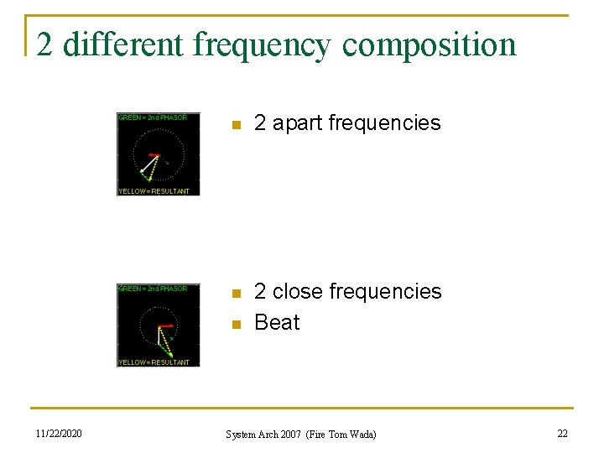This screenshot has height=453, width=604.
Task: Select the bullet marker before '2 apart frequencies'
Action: pos(237,125)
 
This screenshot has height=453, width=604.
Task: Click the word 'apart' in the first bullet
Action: pos(298,123)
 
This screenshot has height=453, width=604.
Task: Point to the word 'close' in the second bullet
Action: pos(298,291)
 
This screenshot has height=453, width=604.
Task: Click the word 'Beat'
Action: pos(277,322)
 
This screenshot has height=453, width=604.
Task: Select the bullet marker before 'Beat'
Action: pos(237,324)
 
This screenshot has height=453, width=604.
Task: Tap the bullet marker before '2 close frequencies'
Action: pos(237,293)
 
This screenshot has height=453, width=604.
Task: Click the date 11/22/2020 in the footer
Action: pos(59,434)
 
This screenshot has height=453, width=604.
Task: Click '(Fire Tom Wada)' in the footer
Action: pos(342,435)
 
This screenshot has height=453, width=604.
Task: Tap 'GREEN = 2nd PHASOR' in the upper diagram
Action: pos(153,117)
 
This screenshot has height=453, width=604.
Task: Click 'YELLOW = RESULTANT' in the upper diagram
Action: pos(154,190)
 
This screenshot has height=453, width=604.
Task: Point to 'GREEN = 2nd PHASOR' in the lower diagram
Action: pos(153,289)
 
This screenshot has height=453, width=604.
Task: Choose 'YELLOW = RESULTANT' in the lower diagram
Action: pos(154,362)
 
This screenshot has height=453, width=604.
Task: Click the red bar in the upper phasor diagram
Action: pos(154,155)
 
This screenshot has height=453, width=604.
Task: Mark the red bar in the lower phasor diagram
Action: pos(165,325)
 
